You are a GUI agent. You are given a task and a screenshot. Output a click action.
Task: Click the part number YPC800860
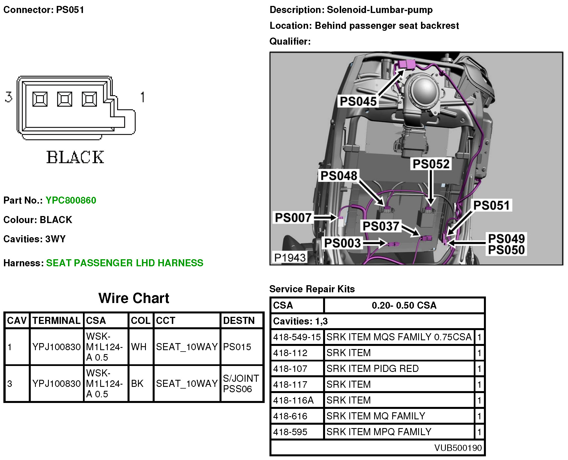tap(71, 200)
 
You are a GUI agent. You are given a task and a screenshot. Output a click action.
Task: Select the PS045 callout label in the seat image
tap(358, 101)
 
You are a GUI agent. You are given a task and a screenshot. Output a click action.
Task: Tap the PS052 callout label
tap(431, 164)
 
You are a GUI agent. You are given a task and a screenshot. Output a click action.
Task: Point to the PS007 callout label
tap(293, 218)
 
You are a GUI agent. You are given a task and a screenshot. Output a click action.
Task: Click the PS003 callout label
tap(342, 243)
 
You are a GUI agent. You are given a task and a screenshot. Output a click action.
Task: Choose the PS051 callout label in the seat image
tap(492, 205)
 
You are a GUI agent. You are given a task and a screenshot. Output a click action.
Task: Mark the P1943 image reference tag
tap(290, 258)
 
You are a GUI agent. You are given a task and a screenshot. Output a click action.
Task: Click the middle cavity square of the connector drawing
tap(65, 99)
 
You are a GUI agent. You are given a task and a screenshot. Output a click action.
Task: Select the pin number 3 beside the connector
tap(9, 97)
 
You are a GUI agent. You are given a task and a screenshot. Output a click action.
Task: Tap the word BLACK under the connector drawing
tap(75, 157)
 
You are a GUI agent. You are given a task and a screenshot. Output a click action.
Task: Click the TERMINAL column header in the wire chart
tap(56, 321)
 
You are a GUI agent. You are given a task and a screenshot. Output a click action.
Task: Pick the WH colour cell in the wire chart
tap(139, 347)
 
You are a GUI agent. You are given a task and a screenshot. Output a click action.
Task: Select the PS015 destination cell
tap(237, 347)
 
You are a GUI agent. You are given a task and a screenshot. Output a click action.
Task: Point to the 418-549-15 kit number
tap(297, 337)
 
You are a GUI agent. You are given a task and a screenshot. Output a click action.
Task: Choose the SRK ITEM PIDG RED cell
tap(372, 369)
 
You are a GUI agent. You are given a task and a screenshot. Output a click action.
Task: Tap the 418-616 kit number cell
tap(290, 416)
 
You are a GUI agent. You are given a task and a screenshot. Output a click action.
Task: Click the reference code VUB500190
tap(458, 448)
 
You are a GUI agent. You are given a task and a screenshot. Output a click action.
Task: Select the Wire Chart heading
tap(134, 298)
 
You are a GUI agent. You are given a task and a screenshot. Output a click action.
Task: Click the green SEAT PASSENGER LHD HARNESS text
tap(125, 263)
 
